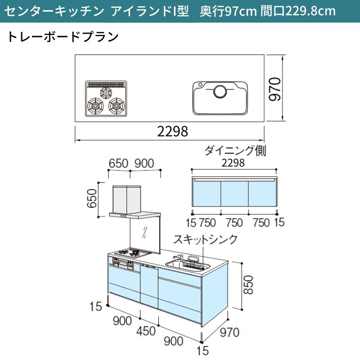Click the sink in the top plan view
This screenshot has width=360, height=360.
(x=220, y=98)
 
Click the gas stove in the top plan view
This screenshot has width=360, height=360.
(x=106, y=99)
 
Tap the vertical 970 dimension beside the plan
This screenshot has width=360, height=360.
(x=275, y=89)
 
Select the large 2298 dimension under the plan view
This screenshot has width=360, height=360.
(x=172, y=131)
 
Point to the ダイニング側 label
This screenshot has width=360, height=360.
(x=235, y=151)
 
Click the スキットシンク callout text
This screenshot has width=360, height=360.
(x=205, y=239)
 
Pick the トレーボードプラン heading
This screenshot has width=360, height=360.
(x=63, y=37)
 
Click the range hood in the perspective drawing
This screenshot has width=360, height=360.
(x=135, y=202)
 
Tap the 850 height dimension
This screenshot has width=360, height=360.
(x=248, y=285)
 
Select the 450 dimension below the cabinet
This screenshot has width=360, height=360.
(x=146, y=331)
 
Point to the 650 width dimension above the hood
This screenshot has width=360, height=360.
(x=118, y=163)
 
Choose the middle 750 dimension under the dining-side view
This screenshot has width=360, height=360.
(x=234, y=223)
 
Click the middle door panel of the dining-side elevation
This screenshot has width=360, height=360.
(x=234, y=194)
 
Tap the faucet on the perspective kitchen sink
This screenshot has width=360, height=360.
(x=178, y=257)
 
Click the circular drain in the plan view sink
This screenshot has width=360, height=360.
(x=220, y=91)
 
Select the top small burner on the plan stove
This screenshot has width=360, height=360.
(x=106, y=93)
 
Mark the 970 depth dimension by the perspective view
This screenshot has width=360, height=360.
(x=229, y=332)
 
